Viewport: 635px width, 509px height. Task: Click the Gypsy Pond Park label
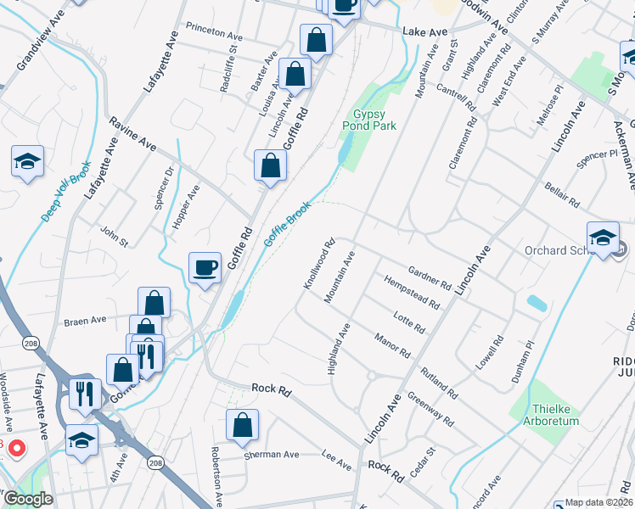pos(369,120)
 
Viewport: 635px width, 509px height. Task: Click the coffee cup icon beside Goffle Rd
pos(205,268)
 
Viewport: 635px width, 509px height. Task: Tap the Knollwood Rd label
pos(321,263)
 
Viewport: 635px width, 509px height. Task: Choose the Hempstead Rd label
pos(412,292)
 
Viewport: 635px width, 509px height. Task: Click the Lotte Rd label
pos(409,322)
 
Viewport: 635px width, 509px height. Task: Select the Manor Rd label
pos(392,344)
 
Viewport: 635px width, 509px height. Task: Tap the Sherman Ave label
pos(272,455)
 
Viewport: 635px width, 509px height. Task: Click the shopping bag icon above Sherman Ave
pos(243,428)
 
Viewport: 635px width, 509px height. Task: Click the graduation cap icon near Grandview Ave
pos(27,161)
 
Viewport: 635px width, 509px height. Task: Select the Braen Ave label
pos(85,322)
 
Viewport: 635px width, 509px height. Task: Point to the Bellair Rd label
pos(561,193)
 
